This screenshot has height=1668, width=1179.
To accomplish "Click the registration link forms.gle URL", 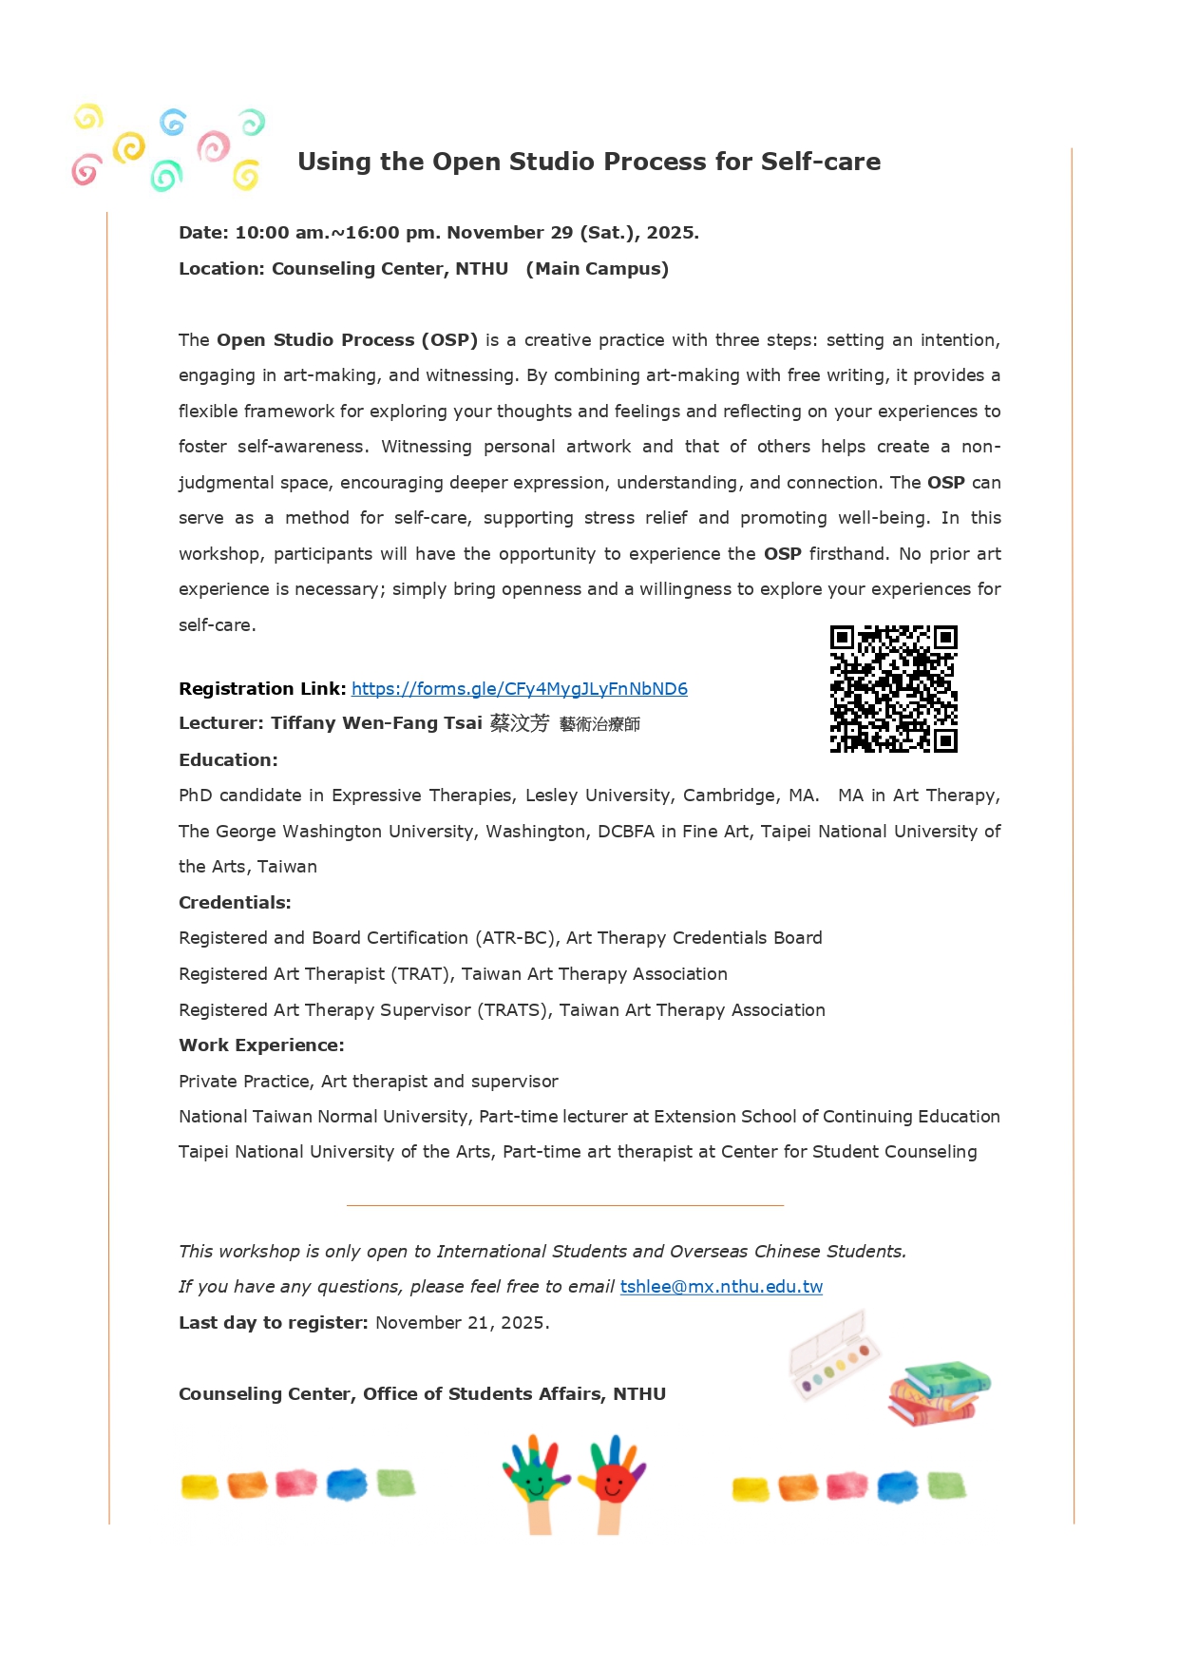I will click(x=519, y=689).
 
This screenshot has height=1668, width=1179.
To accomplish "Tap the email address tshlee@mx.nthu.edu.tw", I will click(x=721, y=1287).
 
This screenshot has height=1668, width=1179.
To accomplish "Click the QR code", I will click(x=893, y=689).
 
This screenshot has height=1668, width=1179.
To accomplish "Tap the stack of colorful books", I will click(x=939, y=1392).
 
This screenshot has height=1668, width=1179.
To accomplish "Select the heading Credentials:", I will click(x=235, y=903).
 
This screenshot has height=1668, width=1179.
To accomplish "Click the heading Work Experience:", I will click(x=261, y=1045).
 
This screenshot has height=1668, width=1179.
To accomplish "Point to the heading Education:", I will click(x=228, y=760).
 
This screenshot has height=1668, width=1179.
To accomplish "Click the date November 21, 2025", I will click(x=462, y=1323).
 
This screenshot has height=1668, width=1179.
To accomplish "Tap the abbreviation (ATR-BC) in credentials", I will click(x=514, y=938).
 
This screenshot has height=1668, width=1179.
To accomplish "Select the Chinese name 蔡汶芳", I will click(x=520, y=723).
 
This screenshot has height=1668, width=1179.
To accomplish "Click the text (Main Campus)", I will click(x=598, y=269).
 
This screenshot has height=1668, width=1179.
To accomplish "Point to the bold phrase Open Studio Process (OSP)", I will click(x=347, y=340).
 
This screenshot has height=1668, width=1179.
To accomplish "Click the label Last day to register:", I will click(x=273, y=1323).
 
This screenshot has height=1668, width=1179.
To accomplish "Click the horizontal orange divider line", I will click(x=565, y=1205).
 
